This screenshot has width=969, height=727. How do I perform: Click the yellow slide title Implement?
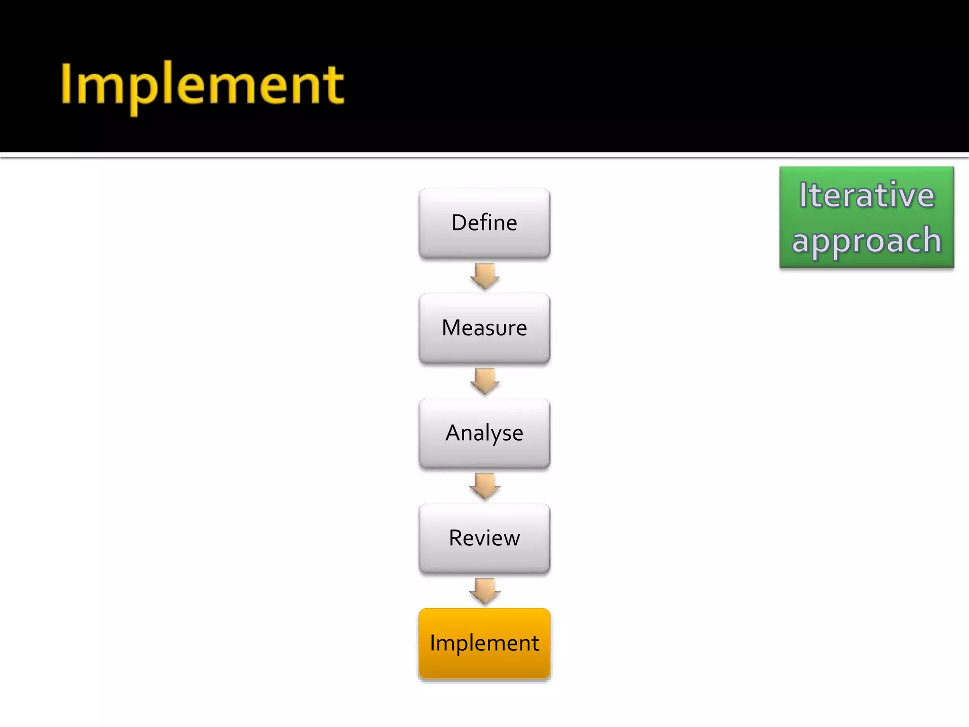tap(203, 85)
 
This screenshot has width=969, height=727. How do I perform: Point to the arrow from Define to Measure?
tap(484, 276)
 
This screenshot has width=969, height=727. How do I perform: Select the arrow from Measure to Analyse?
tap(484, 381)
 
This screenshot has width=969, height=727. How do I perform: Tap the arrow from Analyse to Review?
tap(484, 486)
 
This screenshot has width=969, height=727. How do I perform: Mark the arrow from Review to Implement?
tap(484, 591)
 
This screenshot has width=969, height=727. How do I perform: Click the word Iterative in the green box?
tap(867, 195)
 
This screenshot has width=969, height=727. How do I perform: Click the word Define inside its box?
tap(484, 222)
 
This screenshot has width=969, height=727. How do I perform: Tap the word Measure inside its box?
tap(484, 328)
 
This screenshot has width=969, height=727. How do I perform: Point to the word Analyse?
tap(484, 433)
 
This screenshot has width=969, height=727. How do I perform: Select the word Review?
tap(484, 538)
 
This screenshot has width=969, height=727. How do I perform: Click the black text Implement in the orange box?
tap(484, 643)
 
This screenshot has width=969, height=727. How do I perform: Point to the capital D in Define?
tap(459, 222)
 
